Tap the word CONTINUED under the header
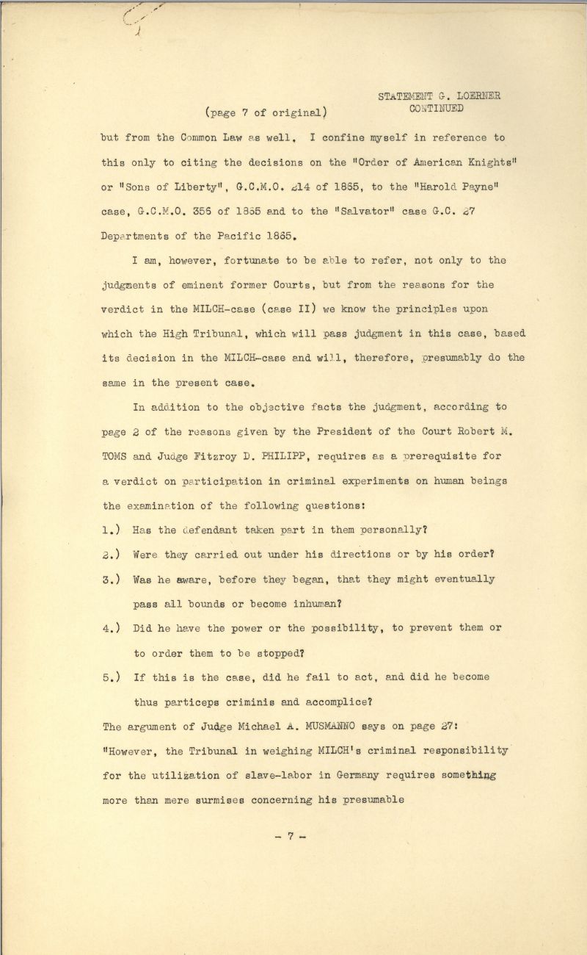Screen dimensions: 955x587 pyautogui.click(x=437, y=109)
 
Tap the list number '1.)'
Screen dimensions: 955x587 pyautogui.click(x=112, y=530)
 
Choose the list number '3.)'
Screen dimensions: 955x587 pyautogui.click(x=112, y=580)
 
